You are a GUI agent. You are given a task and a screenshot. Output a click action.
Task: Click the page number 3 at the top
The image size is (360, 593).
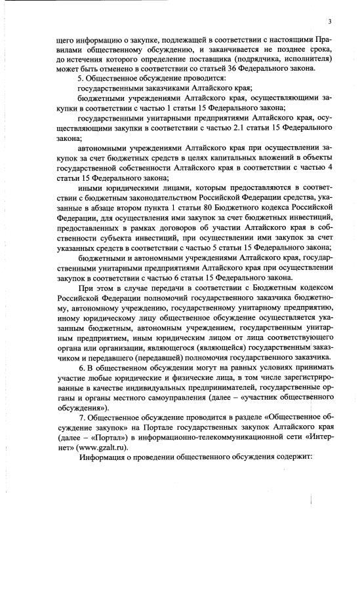pyautogui.click(x=330, y=22)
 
